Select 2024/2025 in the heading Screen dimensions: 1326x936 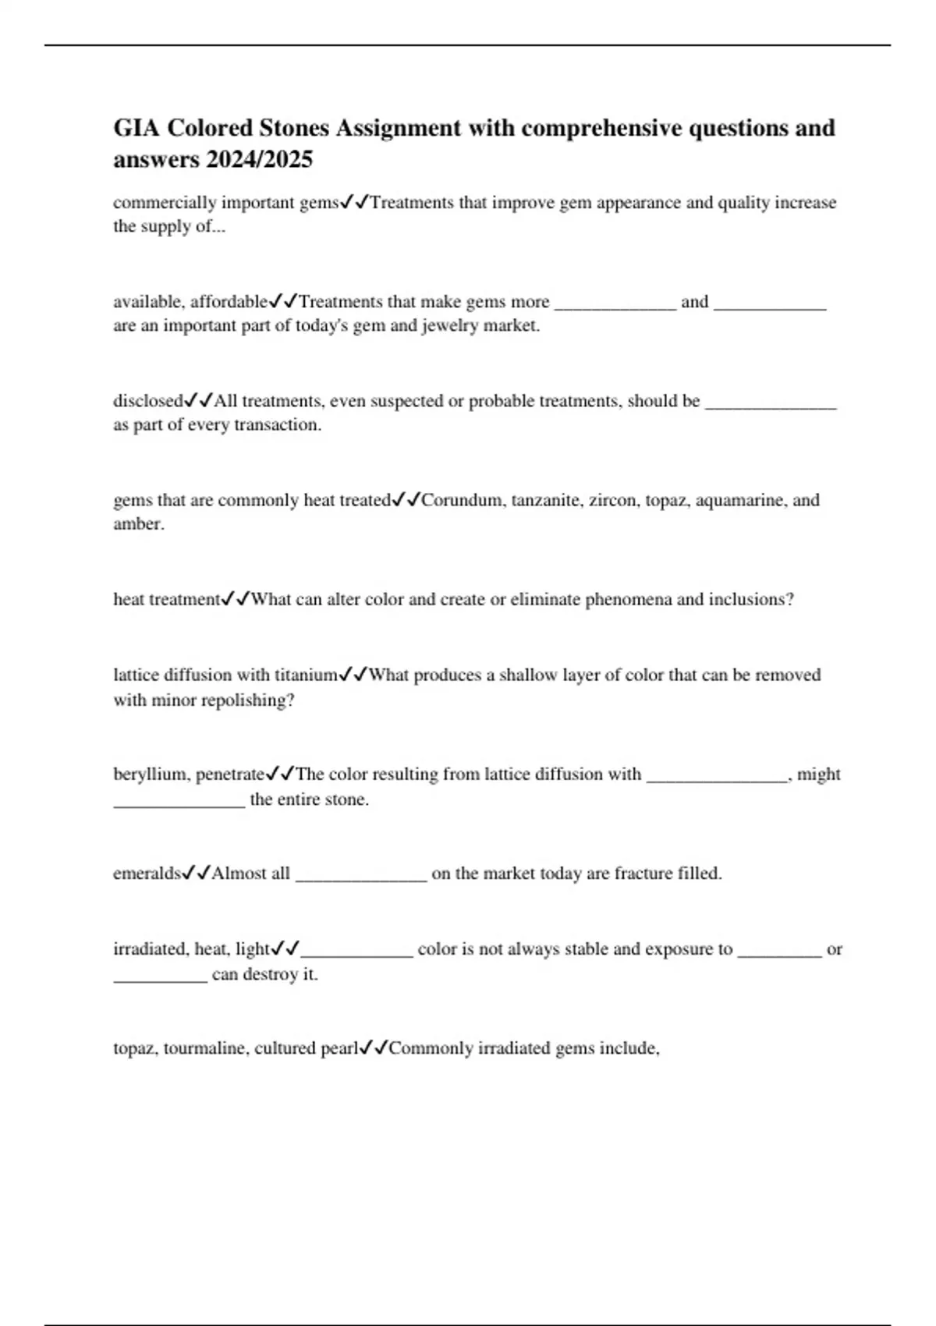coord(259,160)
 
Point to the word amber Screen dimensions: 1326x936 coord(137,524)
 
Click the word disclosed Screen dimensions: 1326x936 coord(147,401)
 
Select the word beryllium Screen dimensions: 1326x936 coord(151,775)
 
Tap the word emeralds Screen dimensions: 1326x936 coord(147,874)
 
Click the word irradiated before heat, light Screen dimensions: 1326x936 coord(151,949)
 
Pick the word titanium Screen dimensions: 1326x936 coord(305,675)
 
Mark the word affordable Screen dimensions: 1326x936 coord(229,302)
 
